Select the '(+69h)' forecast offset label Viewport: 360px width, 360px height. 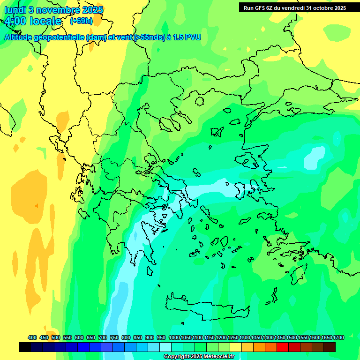click(x=81, y=21)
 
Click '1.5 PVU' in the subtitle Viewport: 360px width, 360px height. click(x=187, y=37)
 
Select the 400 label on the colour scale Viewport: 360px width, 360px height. click(x=32, y=337)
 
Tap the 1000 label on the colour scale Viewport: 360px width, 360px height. click(x=174, y=337)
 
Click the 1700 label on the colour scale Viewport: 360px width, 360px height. click(x=339, y=337)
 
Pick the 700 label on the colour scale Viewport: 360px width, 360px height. click(x=103, y=337)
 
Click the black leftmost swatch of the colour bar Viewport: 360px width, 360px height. click(x=25, y=347)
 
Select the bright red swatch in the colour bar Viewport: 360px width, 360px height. click(x=282, y=347)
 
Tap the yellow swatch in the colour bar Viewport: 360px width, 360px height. click(x=236, y=347)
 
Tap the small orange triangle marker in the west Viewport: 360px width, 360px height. click(x=36, y=205)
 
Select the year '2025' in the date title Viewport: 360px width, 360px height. click(x=92, y=10)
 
